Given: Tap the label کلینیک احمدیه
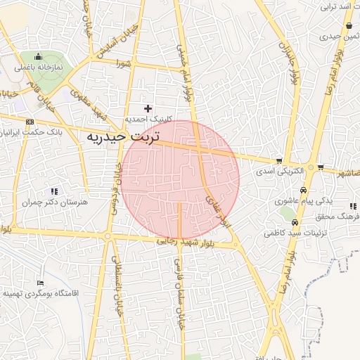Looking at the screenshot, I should pos(148,119).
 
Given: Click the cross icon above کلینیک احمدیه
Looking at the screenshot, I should pos(148,108).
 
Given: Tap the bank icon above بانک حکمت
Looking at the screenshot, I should pos(30,122).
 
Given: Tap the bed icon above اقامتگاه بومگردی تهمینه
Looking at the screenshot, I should pos(40,281).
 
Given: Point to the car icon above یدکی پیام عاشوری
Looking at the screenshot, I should pos(302,190).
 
